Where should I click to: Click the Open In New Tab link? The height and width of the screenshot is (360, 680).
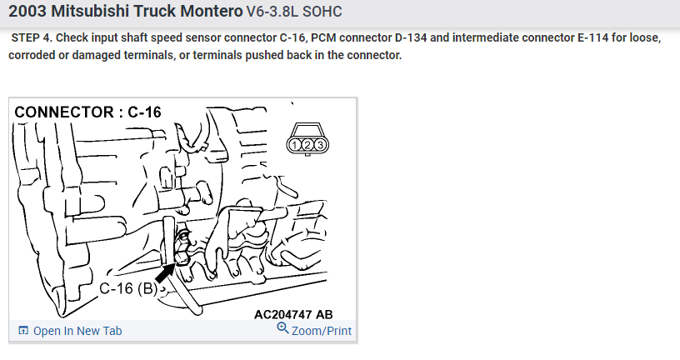click(77, 331)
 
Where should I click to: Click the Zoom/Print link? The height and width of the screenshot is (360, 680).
click(321, 331)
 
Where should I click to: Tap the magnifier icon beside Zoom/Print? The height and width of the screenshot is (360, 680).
click(282, 329)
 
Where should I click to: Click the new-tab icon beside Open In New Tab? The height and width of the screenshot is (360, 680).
click(23, 331)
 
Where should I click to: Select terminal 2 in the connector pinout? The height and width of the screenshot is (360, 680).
click(307, 145)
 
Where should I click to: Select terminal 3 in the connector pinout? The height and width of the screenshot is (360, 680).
click(319, 145)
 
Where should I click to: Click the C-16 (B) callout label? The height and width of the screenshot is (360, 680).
click(127, 288)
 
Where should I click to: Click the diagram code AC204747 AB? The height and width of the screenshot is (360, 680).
click(293, 314)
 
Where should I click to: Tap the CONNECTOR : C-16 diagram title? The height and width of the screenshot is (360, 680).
click(88, 112)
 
